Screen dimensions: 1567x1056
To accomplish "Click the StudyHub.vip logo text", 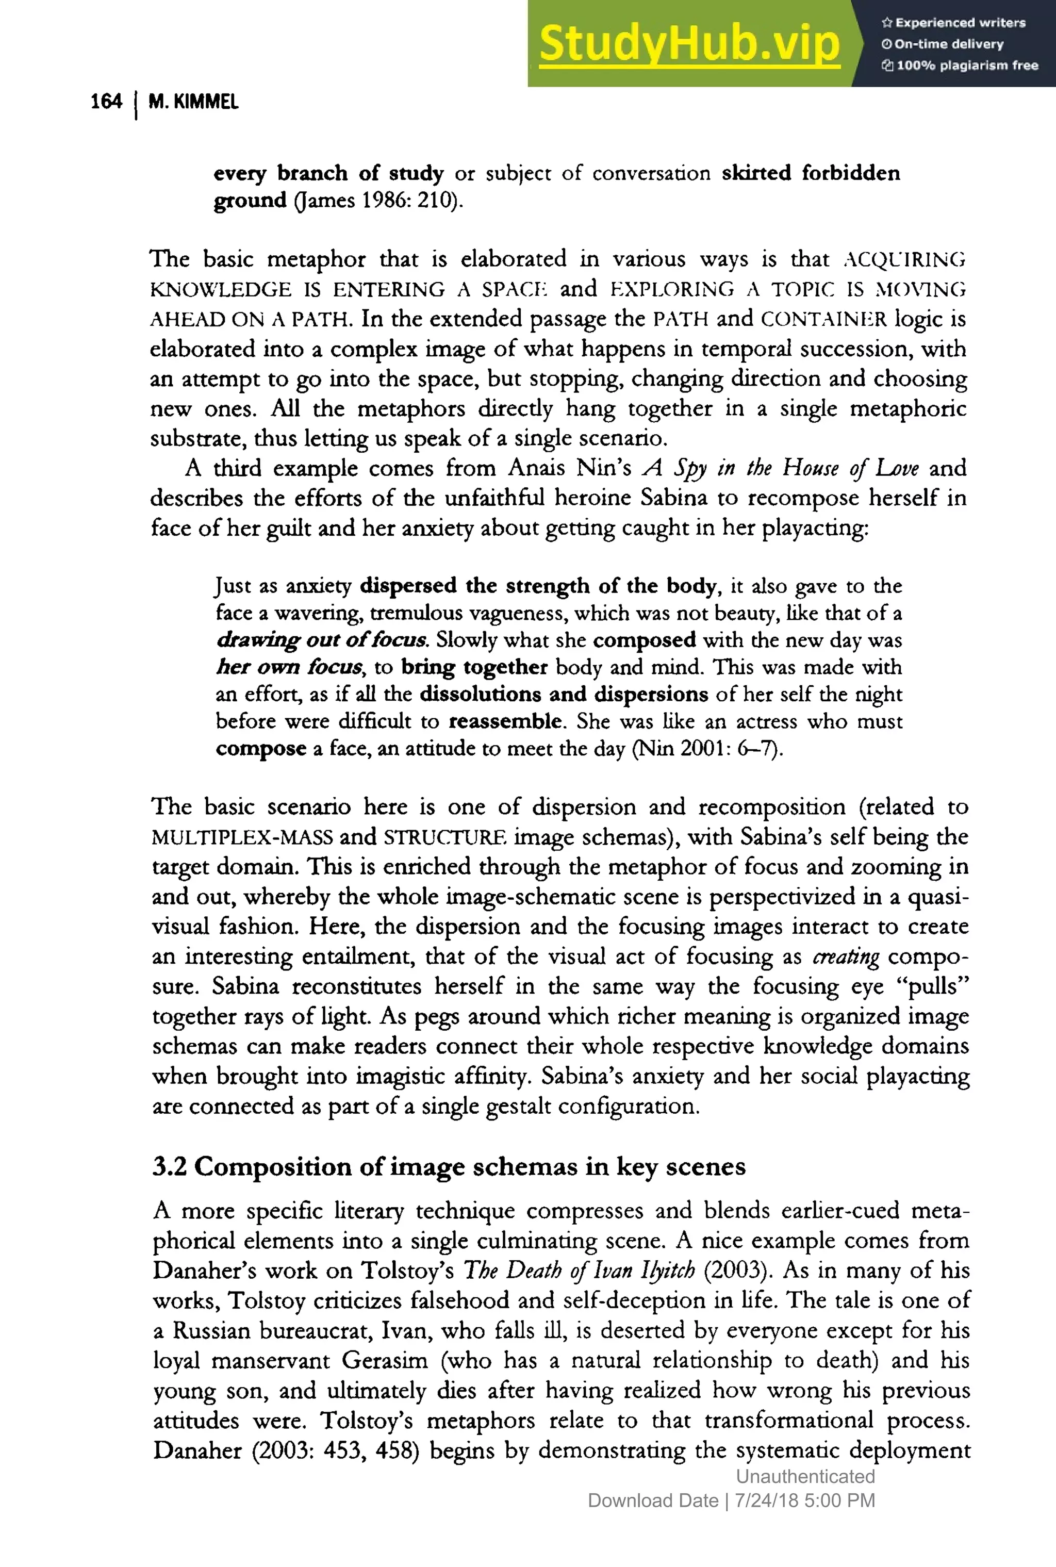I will point(689,44).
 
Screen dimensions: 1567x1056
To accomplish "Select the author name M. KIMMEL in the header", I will point(193,103).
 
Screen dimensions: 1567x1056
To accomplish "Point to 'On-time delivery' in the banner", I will point(948,44).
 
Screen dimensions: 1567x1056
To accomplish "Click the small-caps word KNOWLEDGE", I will point(221,290).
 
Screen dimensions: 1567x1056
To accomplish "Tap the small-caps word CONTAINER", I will point(823,319).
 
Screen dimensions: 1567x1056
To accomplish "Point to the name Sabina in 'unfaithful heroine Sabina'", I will point(673,498).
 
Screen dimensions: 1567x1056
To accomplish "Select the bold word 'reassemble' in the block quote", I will point(505,721).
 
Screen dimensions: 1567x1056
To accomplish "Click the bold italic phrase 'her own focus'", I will point(289,667).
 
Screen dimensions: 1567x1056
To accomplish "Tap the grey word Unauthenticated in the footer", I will point(805,1477).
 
